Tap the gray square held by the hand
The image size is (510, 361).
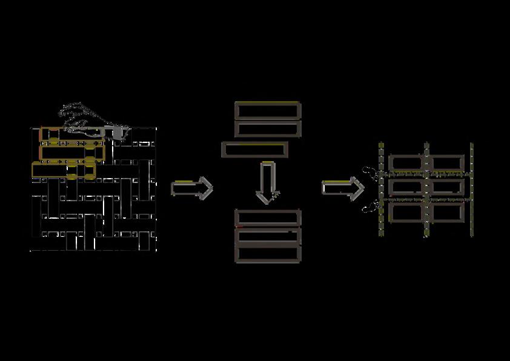pos(118,130)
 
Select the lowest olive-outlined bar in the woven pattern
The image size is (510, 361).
pos(64,170)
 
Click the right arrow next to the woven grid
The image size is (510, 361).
pos(192,188)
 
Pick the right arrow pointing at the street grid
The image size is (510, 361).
pos(343,188)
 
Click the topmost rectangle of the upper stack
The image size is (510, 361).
pos(267,110)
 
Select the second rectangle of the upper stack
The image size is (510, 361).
pos(267,128)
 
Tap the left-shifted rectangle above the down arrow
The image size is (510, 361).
pos(254,150)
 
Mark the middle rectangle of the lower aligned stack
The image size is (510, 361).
pos(267,236)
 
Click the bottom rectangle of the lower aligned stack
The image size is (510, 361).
pos(267,254)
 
